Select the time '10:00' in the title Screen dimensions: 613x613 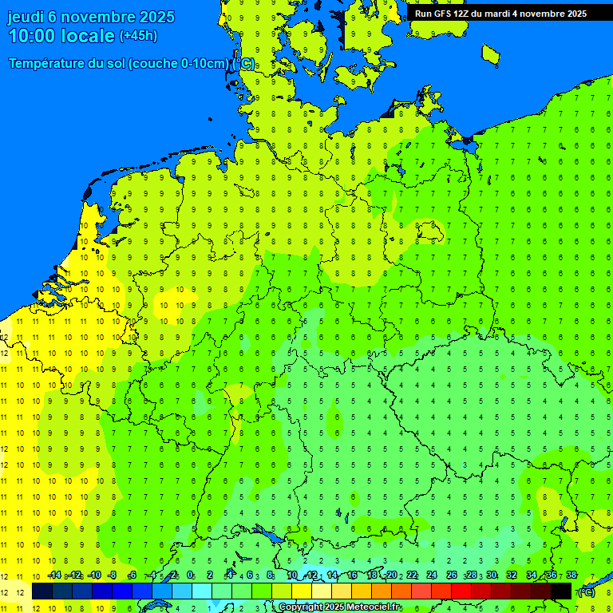(x=32, y=36)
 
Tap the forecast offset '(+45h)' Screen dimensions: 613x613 (x=138, y=36)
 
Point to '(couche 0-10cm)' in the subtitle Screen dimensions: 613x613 (x=178, y=64)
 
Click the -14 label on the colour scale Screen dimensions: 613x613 (x=54, y=575)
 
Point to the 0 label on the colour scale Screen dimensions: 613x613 (x=190, y=575)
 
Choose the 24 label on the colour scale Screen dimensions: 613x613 (x=432, y=575)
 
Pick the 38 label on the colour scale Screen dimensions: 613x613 (x=571, y=575)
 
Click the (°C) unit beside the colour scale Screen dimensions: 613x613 (x=587, y=591)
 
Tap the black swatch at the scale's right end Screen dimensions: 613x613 (x=561, y=591)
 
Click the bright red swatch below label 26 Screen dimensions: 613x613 (x=461, y=591)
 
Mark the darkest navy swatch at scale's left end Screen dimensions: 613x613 (x=42, y=591)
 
